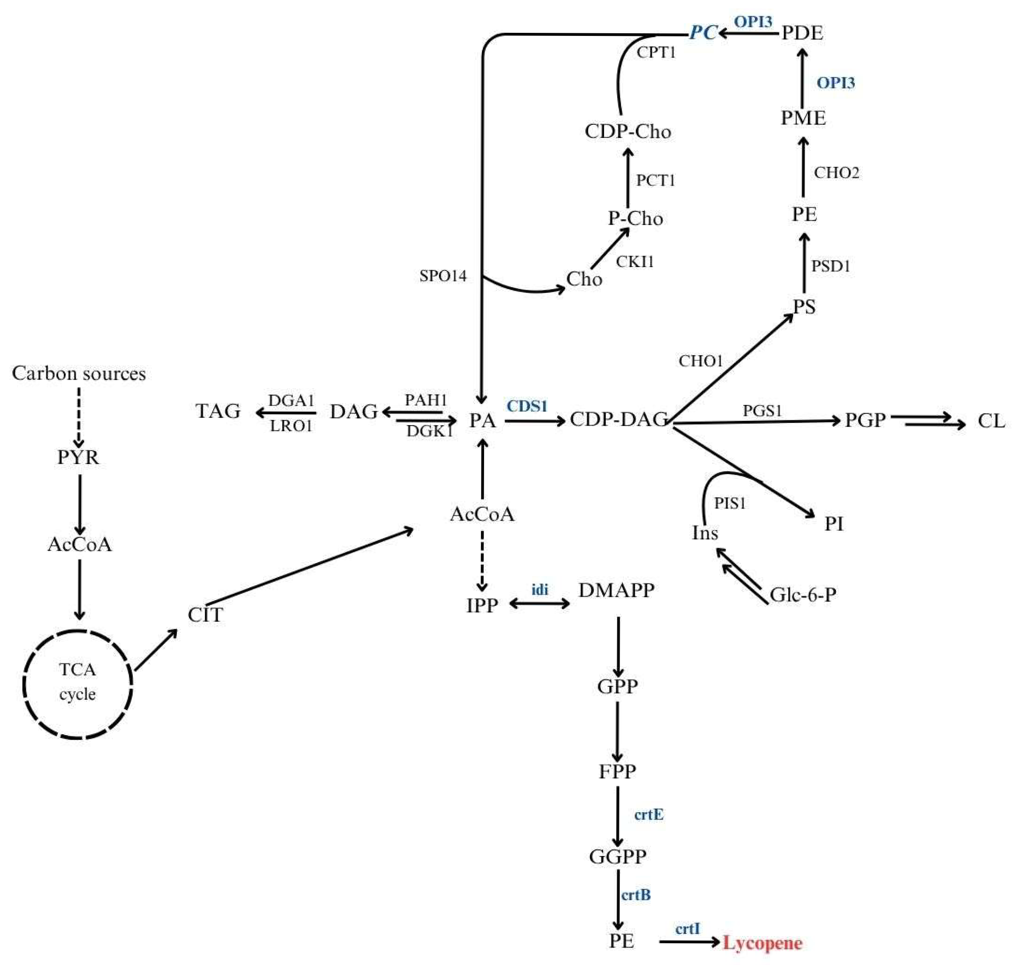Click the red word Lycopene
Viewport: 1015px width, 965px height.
click(762, 942)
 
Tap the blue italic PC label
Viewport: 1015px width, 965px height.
click(702, 32)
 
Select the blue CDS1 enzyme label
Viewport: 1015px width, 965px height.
click(527, 406)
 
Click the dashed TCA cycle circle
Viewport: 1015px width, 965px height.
click(77, 684)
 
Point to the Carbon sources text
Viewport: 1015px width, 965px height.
click(79, 373)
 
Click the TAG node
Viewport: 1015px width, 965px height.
click(218, 411)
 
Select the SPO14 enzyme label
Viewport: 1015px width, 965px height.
click(443, 276)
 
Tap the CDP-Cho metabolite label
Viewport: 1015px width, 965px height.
click(627, 131)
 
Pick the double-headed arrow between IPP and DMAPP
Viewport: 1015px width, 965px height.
click(539, 603)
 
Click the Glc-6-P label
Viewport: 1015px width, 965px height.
click(802, 595)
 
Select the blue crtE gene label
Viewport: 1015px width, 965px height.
click(648, 814)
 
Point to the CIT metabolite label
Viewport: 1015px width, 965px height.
click(205, 615)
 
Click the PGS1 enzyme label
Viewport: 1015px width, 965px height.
click(762, 411)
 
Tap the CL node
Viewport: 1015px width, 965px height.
click(991, 421)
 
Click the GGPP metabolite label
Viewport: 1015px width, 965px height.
click(617, 856)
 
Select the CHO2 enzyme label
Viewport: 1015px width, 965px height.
click(836, 173)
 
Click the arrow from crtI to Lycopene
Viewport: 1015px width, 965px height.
click(689, 942)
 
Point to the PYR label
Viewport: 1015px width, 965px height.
click(78, 457)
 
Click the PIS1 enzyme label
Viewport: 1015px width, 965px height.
click(730, 503)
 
